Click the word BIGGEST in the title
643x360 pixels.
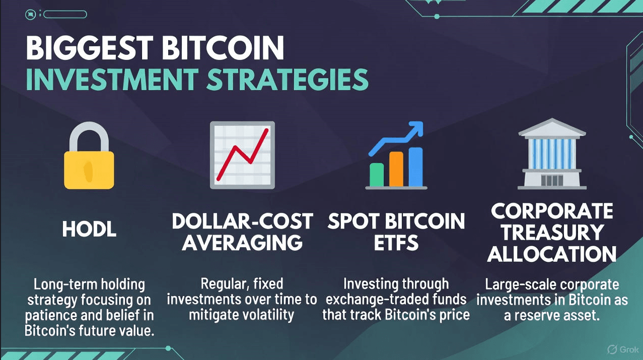coord(89,48)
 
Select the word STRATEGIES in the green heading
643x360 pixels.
coord(288,79)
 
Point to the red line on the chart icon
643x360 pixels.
coord(243,155)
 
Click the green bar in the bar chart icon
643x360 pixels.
coord(377,175)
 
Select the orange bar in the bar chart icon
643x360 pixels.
coord(396,169)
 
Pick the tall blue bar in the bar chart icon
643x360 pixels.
coord(415,167)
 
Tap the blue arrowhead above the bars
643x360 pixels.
coord(416,128)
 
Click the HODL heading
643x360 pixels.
coord(89,229)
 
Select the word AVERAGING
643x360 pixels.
coord(242,243)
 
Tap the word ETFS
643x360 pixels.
coord(396,243)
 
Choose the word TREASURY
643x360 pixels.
coord(552,232)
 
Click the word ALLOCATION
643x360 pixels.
coord(552,254)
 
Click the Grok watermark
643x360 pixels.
coord(623,349)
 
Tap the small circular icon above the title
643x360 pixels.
coord(31,15)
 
